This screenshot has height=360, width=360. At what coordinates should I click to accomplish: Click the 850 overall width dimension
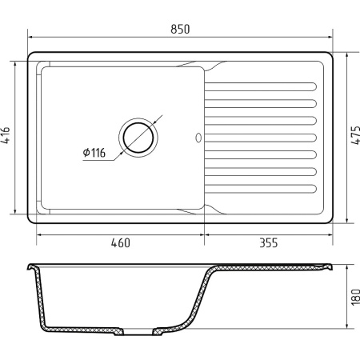coord(180,29)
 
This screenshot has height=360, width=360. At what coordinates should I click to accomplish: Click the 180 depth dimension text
coord(353,298)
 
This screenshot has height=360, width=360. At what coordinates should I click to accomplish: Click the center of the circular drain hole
coord(140,138)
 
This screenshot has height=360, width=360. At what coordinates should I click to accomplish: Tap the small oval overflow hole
coord(198,138)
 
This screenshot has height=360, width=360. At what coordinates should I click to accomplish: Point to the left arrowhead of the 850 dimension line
coord(31,37)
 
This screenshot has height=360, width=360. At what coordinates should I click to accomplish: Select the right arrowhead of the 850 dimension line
coord(330,37)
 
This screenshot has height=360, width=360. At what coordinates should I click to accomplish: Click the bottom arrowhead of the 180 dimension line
coord(346,327)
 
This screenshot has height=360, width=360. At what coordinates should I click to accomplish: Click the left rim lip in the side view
coord(30,266)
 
